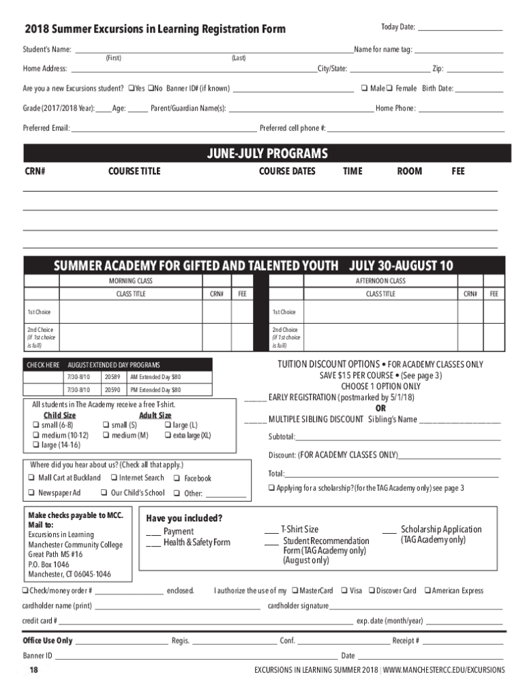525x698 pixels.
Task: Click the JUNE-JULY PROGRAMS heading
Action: (267, 153)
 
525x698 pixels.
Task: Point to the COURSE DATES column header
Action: (287, 172)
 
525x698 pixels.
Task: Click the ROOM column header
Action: (410, 172)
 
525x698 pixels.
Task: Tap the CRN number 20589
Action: (112, 377)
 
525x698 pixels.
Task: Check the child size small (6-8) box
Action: (35, 425)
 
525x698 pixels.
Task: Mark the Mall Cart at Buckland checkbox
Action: (31, 478)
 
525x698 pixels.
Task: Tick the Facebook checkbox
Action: (177, 479)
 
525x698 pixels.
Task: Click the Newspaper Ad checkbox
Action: (31, 493)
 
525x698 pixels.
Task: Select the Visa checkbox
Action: (344, 591)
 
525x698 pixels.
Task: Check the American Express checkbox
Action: (426, 591)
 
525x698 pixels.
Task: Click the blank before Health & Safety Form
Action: (153, 543)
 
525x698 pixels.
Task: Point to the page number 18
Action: (33, 671)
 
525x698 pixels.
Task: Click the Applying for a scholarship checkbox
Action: (271, 488)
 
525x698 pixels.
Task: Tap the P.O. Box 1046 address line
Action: (48, 564)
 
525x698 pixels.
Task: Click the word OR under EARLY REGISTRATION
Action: (380, 408)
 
